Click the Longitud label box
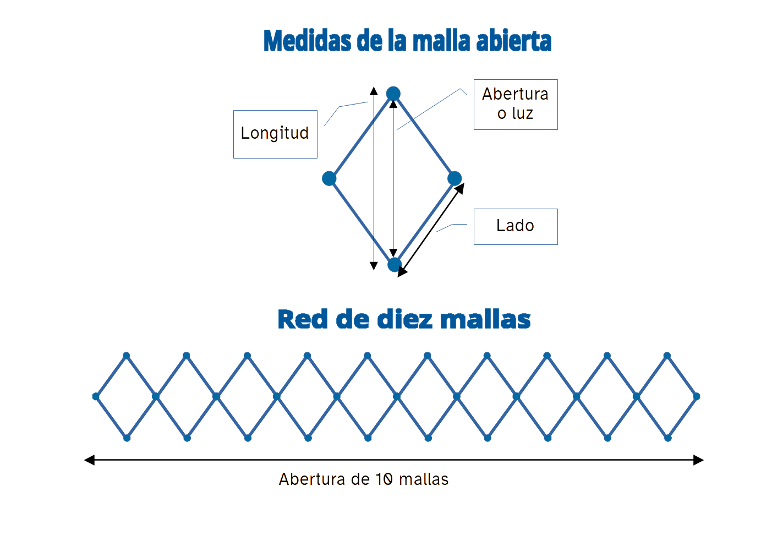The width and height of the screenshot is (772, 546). (x=275, y=134)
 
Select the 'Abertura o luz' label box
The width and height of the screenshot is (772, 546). (x=515, y=104)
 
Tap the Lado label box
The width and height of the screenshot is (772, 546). (x=515, y=226)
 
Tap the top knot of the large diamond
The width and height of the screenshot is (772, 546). (x=393, y=94)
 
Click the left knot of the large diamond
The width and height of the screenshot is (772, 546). (x=329, y=178)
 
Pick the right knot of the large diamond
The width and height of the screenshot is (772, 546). (x=455, y=178)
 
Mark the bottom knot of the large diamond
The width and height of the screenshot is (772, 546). (x=395, y=265)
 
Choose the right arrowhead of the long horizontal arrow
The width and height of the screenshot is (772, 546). (x=699, y=460)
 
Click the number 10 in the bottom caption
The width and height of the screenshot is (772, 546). (x=384, y=479)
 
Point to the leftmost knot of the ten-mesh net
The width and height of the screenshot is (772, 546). (x=96, y=396)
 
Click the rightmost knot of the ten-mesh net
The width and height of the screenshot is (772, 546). (x=697, y=396)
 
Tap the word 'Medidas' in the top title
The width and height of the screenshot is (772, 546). (x=307, y=41)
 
